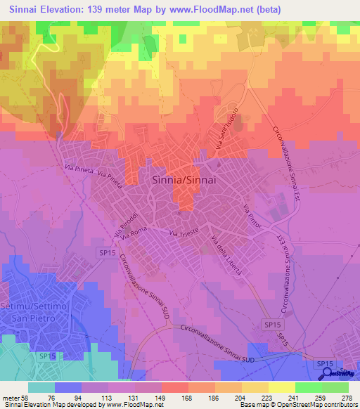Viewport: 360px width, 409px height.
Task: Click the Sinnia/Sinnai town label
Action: tap(183, 180)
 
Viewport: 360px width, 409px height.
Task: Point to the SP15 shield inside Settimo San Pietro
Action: tap(47, 357)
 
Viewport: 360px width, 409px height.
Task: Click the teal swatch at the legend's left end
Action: tap(42, 387)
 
